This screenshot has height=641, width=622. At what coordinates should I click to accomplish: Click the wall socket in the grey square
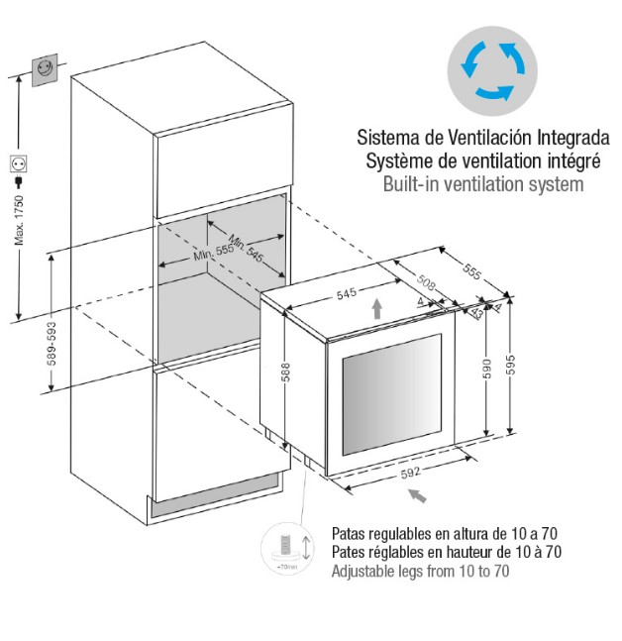(45, 70)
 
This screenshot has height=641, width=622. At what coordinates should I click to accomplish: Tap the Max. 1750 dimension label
(19, 220)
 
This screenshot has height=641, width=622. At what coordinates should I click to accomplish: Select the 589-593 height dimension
(52, 344)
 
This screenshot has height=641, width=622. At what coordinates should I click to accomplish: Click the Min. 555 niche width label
(213, 252)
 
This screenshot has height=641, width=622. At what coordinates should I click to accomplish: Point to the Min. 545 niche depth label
(246, 248)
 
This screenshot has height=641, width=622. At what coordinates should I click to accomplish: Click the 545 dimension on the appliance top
(346, 293)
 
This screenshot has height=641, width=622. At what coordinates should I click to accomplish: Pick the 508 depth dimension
(426, 281)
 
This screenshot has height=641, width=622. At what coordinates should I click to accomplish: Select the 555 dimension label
(472, 271)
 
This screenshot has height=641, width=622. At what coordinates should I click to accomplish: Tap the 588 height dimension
(286, 372)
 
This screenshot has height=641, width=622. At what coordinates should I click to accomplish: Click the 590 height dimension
(486, 369)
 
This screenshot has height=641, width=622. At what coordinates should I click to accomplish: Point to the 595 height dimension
(510, 365)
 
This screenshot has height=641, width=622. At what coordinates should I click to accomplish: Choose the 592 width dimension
(410, 473)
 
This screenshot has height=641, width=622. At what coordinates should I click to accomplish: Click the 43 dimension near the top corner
(476, 313)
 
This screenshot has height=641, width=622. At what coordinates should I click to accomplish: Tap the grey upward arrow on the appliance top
(376, 309)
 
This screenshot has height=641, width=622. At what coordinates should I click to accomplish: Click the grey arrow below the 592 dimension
(418, 495)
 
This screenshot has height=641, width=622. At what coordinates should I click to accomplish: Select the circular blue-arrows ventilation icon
(492, 71)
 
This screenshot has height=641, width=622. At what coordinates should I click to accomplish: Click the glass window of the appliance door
(391, 394)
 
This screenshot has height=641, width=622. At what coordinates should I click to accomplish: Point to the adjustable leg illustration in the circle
(287, 548)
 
